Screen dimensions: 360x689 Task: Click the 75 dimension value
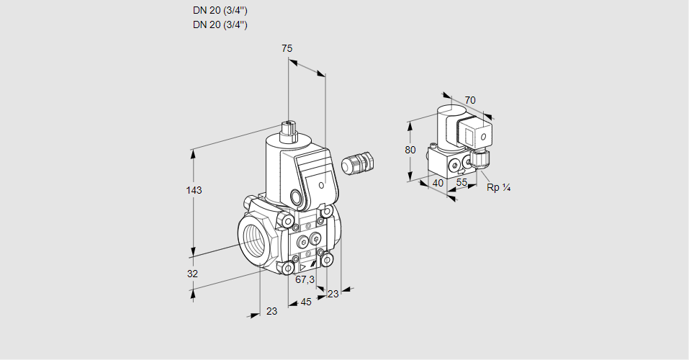287,48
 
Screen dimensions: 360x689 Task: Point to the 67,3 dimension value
305,279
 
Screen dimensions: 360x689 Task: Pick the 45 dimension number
306,302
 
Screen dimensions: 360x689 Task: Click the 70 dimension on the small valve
470,100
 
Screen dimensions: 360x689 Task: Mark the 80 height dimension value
410,150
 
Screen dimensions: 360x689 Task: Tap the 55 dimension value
462,183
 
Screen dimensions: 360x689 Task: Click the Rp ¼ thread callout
498,188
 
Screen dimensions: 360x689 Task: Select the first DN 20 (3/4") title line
220,11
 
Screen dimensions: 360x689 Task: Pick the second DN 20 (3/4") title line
220,24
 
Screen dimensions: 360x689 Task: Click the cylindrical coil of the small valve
447,126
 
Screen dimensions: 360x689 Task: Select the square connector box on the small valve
476,134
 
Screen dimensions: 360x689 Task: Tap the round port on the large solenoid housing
296,196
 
